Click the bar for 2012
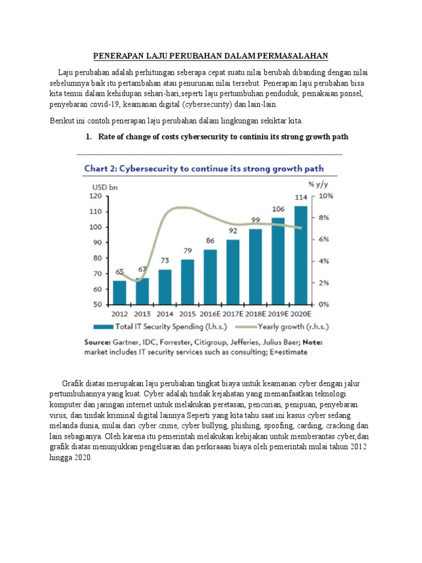click(x=119, y=292)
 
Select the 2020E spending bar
click(x=301, y=255)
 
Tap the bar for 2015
click(x=187, y=282)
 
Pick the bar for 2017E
click(x=233, y=272)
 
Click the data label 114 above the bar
click(x=301, y=197)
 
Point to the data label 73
click(x=165, y=260)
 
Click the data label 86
click(x=210, y=241)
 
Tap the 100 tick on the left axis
click(x=96, y=227)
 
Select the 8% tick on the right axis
click(x=324, y=218)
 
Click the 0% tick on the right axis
click(x=324, y=305)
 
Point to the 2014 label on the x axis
click(x=165, y=314)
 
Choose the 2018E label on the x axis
click(x=256, y=314)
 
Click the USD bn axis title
click(x=105, y=187)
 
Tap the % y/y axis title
click(x=318, y=185)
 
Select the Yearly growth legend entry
click(x=282, y=327)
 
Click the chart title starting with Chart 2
click(x=204, y=169)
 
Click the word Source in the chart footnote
click(x=97, y=342)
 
